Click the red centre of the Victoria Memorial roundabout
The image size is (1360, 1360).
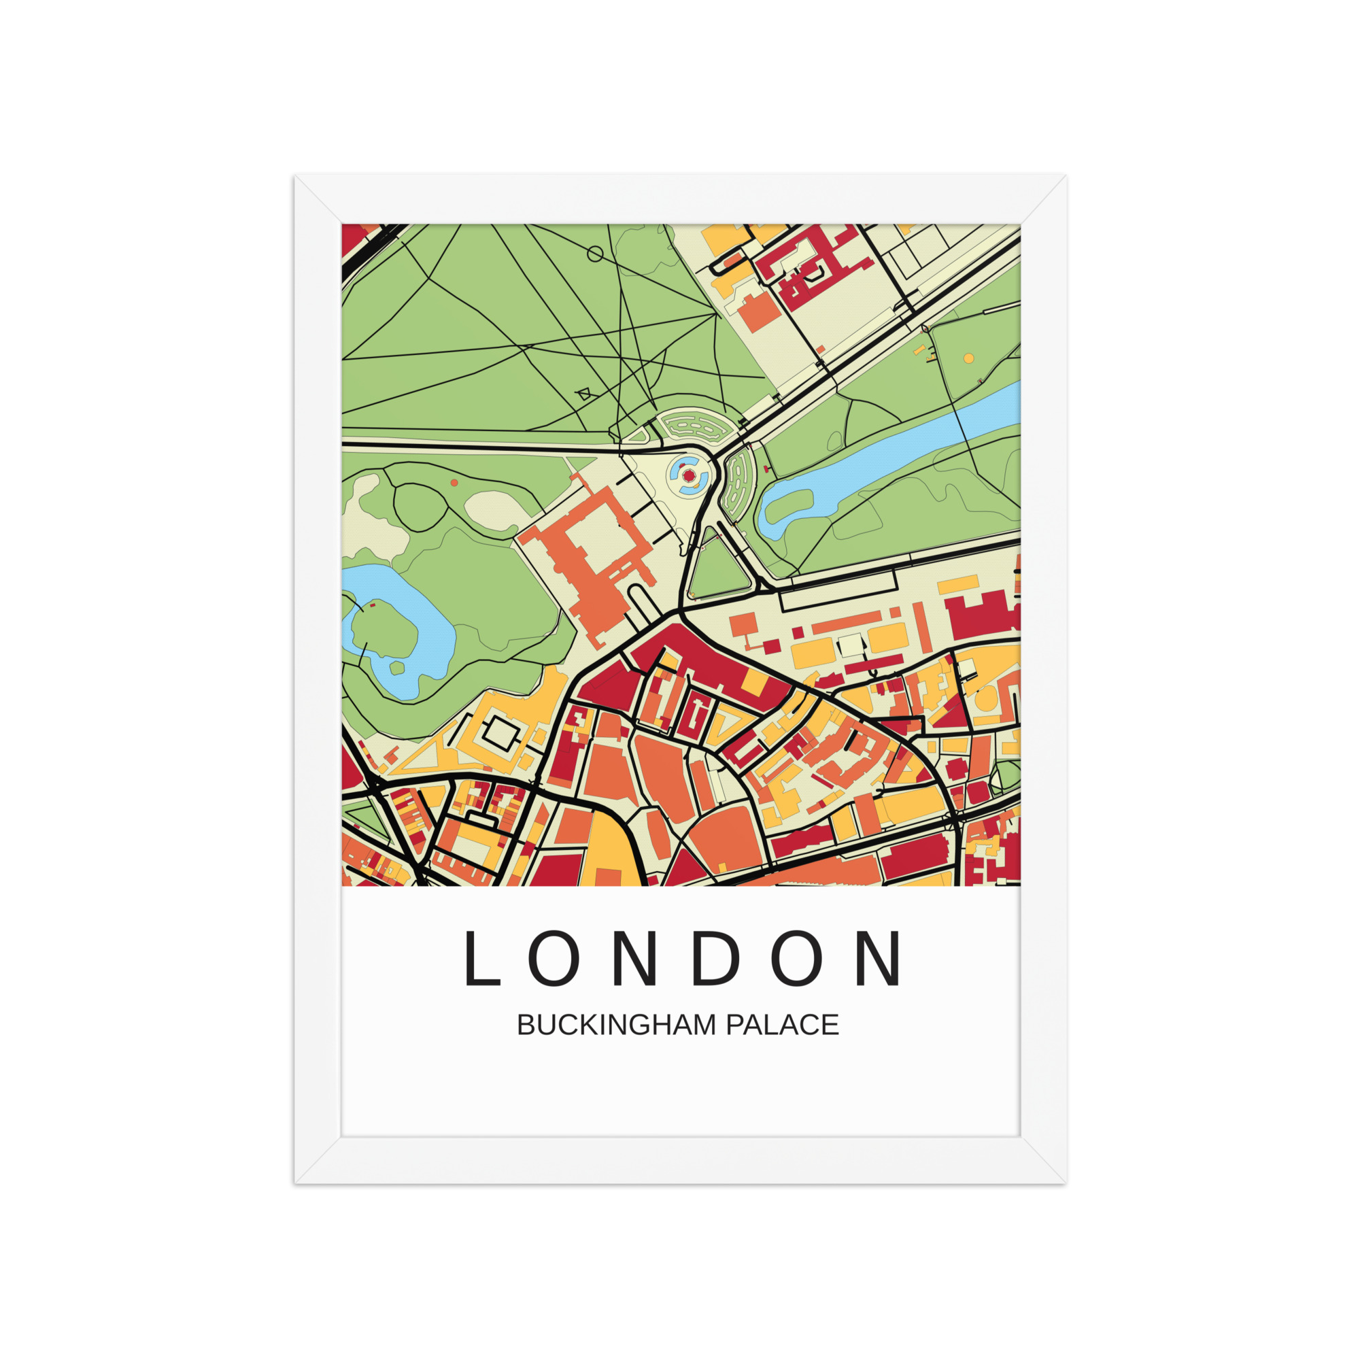point(688,477)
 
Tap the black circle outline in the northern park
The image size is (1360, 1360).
point(595,254)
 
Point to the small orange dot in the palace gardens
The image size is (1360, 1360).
point(454,483)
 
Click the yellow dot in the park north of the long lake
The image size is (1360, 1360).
point(968,358)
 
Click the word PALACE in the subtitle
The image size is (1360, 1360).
point(782,1025)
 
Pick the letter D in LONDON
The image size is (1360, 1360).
point(716,959)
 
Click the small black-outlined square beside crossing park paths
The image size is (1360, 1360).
point(583,394)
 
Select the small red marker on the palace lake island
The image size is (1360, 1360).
point(373,605)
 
